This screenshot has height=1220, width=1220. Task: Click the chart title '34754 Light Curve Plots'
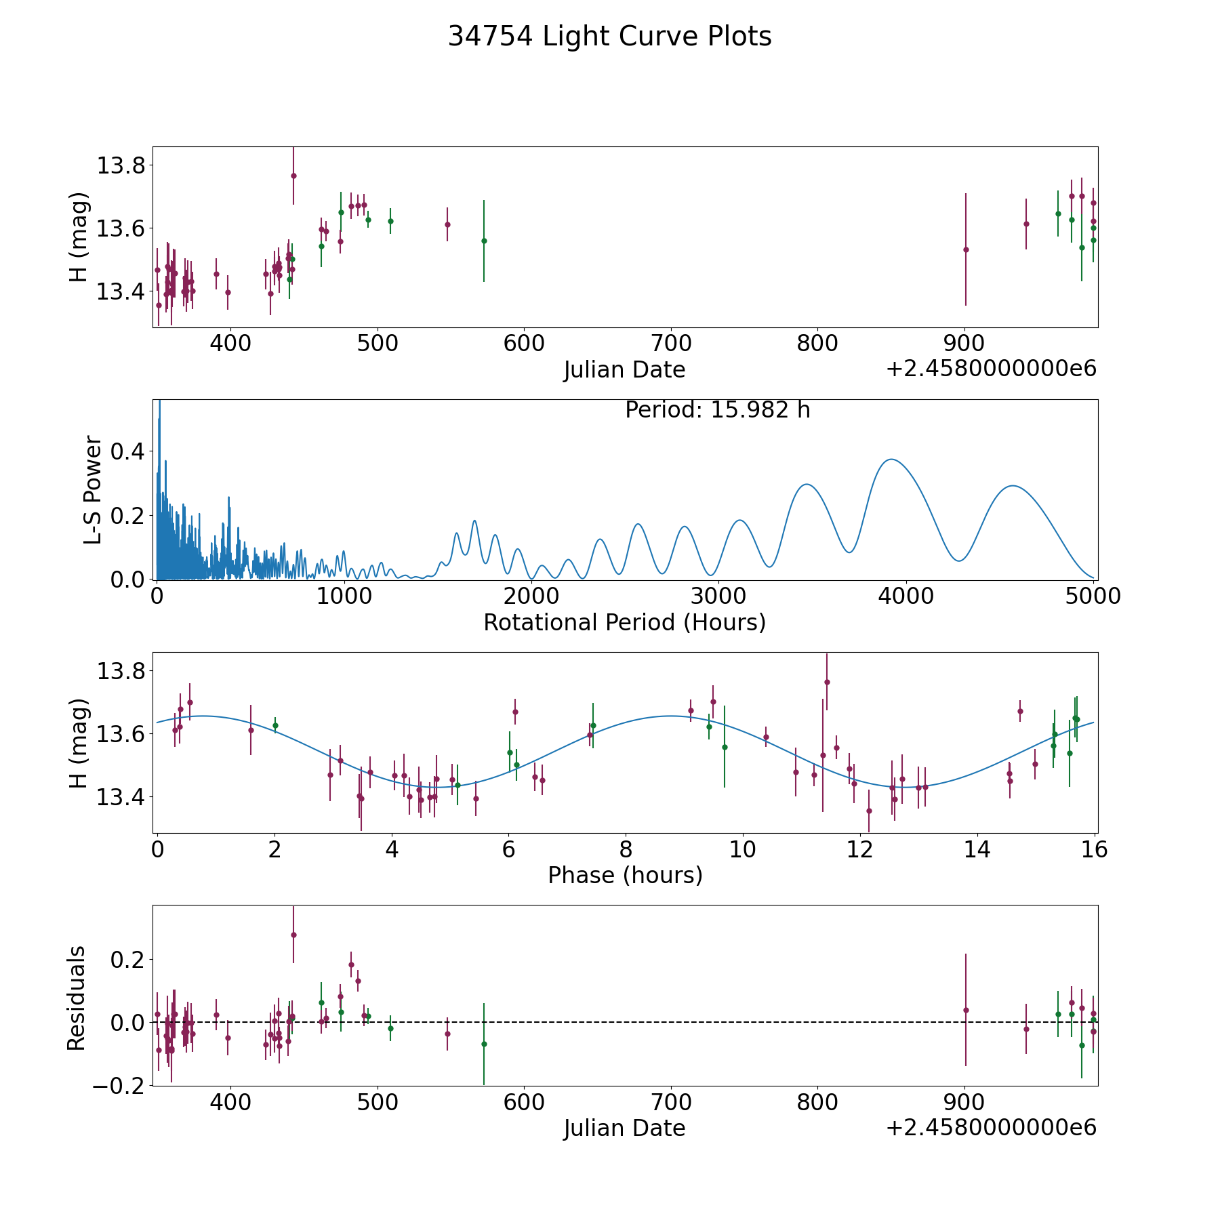pyautogui.click(x=609, y=37)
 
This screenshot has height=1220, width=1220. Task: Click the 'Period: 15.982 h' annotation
pyautogui.click(x=717, y=410)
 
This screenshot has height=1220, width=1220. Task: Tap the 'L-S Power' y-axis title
pyautogui.click(x=94, y=489)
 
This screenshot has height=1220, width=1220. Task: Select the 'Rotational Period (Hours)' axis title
pyautogui.click(x=624, y=622)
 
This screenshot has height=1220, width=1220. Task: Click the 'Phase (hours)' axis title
pyautogui.click(x=624, y=875)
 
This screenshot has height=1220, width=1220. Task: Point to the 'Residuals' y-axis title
pyautogui.click(x=77, y=998)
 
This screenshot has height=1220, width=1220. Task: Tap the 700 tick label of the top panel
pyautogui.click(x=670, y=344)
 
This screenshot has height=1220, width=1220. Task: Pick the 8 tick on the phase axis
pyautogui.click(x=626, y=849)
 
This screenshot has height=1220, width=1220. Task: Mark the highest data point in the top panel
pyautogui.click(x=293, y=176)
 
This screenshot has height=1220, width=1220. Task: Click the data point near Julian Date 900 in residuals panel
pyautogui.click(x=966, y=1010)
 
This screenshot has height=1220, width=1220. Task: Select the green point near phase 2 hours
pyautogui.click(x=275, y=725)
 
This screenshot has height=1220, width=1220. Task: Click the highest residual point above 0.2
pyautogui.click(x=293, y=935)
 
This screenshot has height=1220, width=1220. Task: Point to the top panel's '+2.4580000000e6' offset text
pyautogui.click(x=991, y=369)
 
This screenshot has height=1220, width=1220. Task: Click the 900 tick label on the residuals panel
pyautogui.click(x=964, y=1102)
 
